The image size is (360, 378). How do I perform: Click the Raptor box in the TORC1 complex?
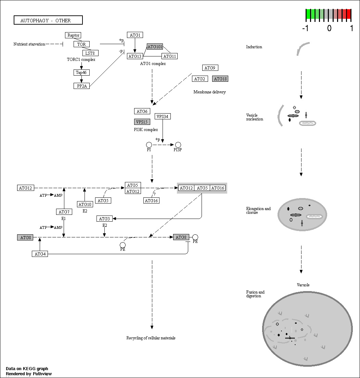point(73,35)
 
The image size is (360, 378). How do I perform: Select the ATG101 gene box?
point(155,47)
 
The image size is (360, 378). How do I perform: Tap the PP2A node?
point(81,86)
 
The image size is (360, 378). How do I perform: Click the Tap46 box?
point(81,72)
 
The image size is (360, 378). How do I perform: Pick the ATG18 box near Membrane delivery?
point(220,79)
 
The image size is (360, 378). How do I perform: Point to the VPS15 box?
point(142,122)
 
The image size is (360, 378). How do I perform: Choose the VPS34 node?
point(163,116)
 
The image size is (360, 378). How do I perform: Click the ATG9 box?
point(210,68)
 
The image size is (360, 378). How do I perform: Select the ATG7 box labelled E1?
point(64,212)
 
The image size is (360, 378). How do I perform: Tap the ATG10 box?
point(85,204)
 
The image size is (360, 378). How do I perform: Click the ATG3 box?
point(104,219)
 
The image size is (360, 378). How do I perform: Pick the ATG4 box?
point(40,254)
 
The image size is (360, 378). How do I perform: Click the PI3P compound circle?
point(178,145)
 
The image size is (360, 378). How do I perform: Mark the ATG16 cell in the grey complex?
point(218,188)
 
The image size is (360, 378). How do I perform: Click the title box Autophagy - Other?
point(48,20)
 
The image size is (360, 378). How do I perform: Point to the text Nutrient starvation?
point(29,44)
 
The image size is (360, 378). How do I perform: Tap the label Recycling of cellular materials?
point(151,338)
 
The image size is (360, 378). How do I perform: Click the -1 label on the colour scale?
point(305,28)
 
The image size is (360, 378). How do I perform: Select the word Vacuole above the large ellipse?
point(303,285)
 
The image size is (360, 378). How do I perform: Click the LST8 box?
point(90,53)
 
